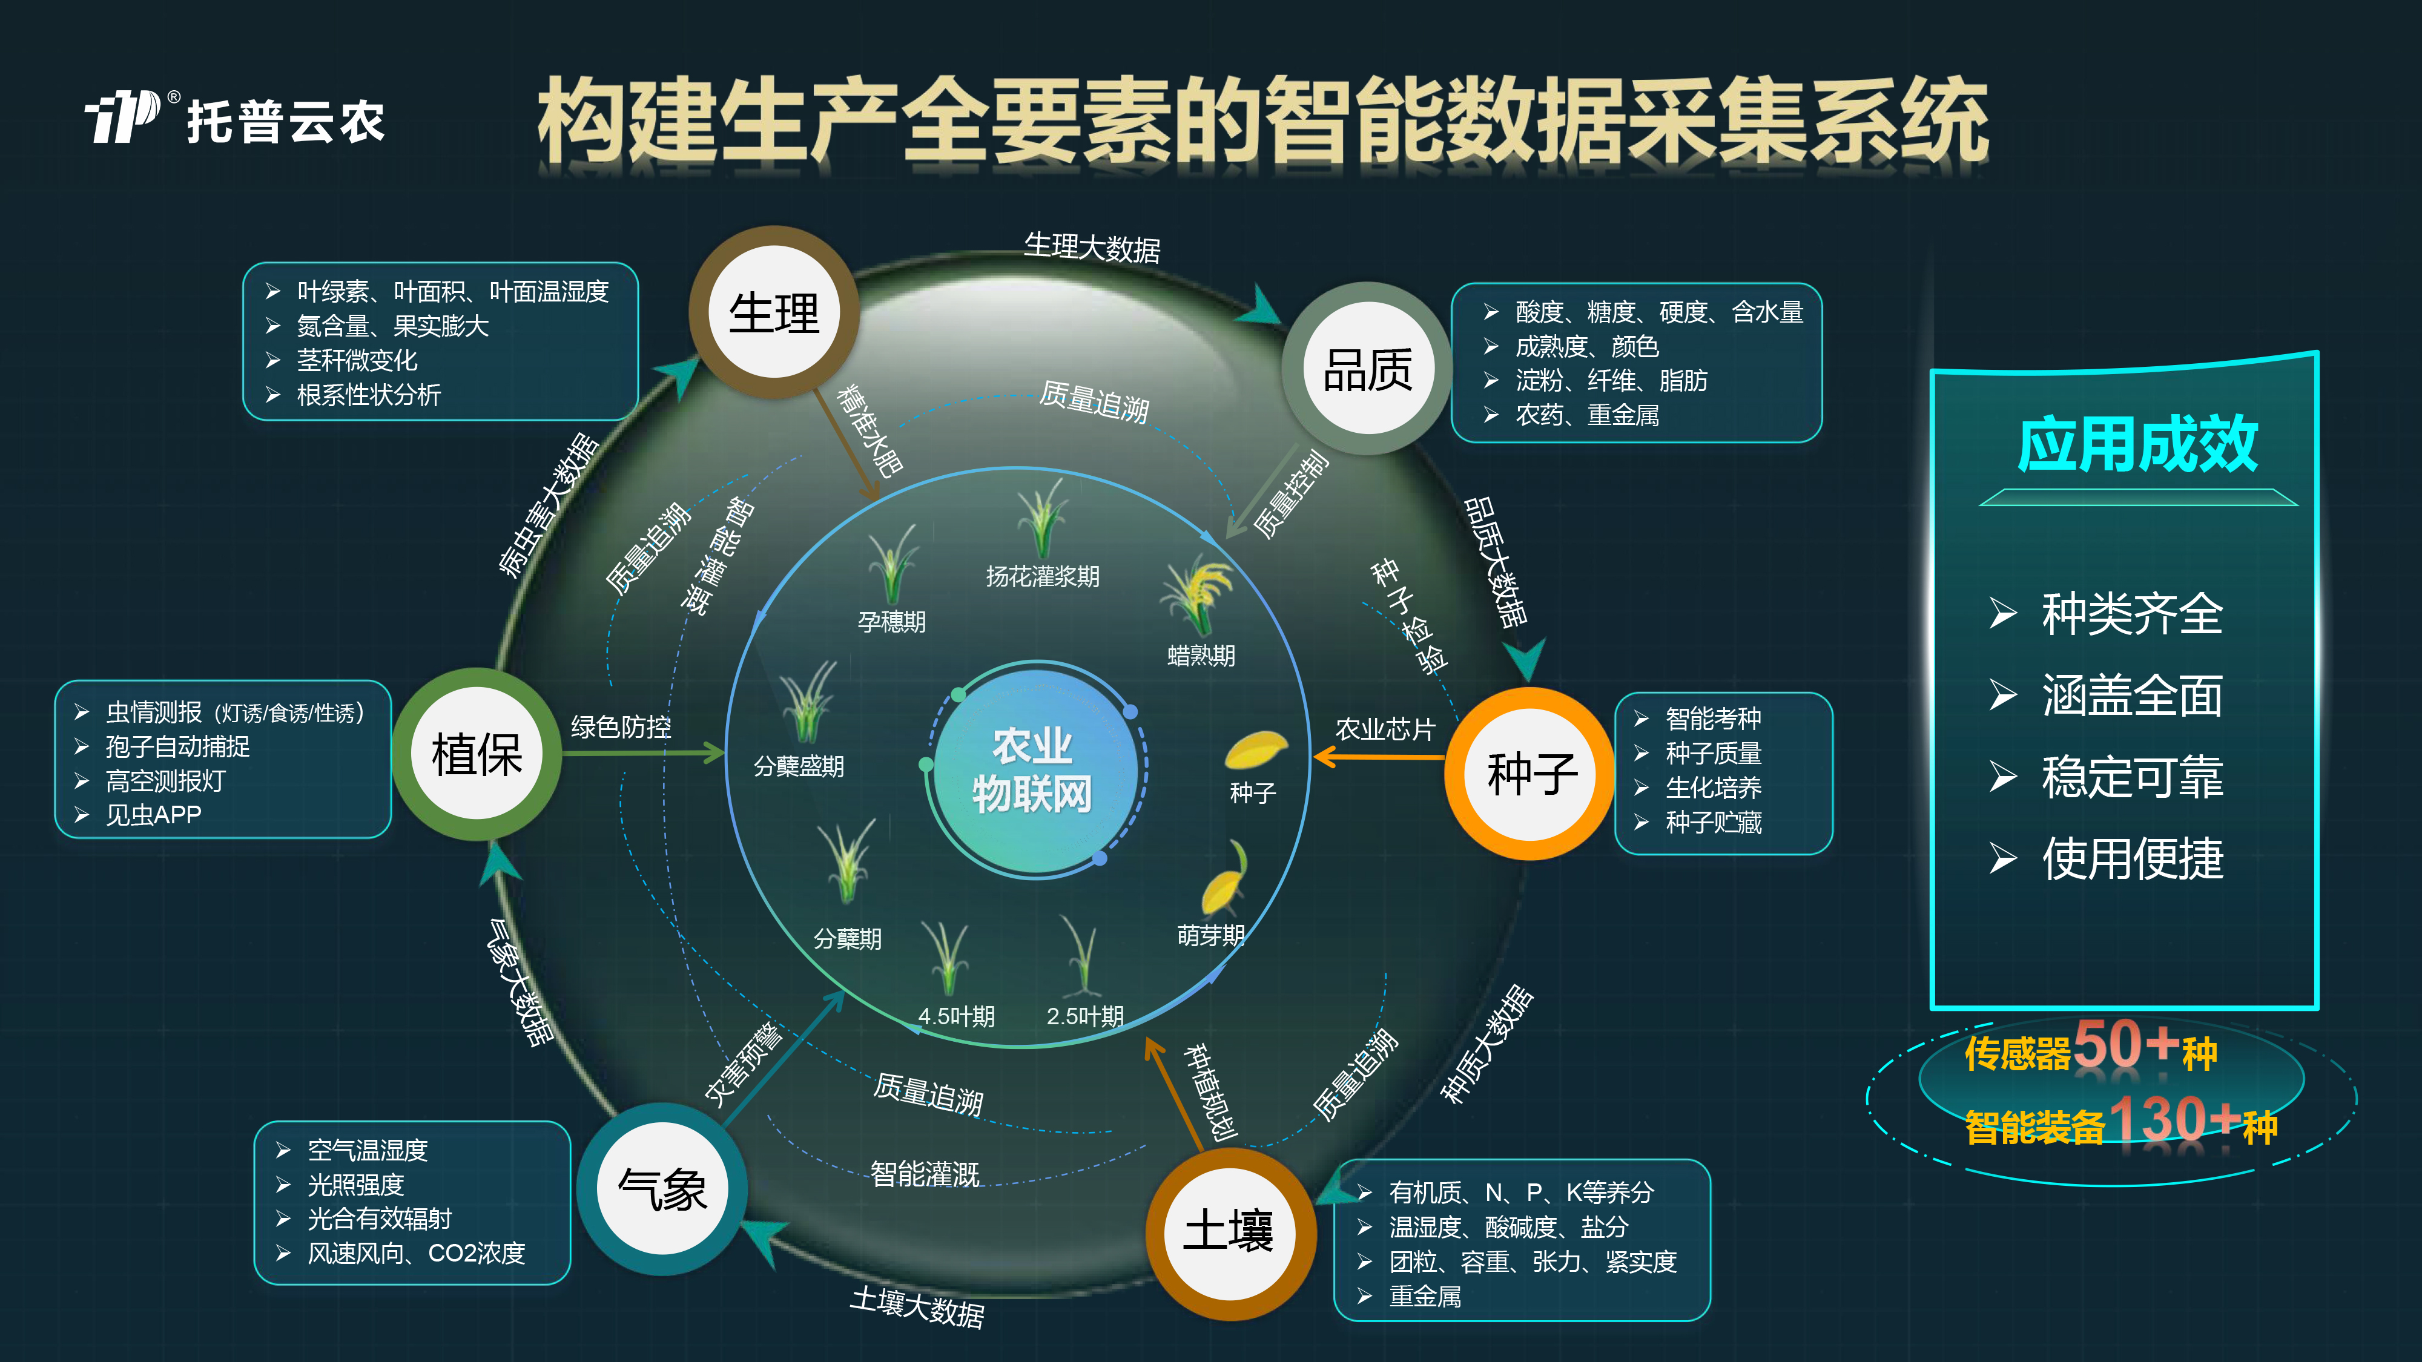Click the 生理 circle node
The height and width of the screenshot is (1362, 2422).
click(x=774, y=312)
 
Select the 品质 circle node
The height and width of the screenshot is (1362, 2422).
click(x=1368, y=369)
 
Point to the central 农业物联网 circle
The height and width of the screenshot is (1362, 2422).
click(x=1034, y=771)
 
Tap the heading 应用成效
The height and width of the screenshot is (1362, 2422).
click(x=2137, y=444)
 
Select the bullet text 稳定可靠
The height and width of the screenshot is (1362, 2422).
click(x=2133, y=777)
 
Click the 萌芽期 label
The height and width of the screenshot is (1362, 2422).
click(x=1211, y=935)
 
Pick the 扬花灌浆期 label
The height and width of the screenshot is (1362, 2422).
click(x=1043, y=576)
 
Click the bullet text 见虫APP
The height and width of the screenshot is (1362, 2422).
click(x=153, y=815)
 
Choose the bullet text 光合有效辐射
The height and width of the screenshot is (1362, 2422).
click(x=380, y=1219)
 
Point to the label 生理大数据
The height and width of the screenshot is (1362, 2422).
click(x=1092, y=247)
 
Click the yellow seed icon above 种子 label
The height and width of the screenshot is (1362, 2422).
click(x=1255, y=749)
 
